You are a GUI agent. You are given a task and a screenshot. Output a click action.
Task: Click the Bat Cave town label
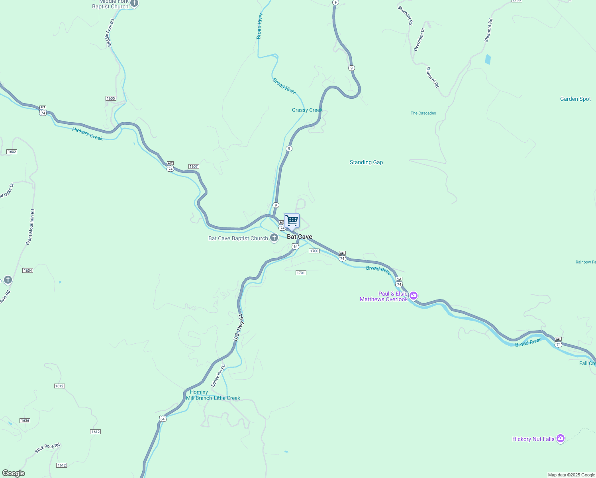[300, 237]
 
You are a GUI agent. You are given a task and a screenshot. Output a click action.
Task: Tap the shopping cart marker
[292, 221]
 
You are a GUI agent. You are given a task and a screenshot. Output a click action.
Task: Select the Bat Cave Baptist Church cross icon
[274, 238]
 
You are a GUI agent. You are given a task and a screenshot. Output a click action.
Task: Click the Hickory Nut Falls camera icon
[561, 439]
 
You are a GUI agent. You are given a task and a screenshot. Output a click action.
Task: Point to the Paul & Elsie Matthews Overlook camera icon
[414, 296]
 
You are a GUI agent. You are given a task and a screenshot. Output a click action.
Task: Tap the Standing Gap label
[366, 162]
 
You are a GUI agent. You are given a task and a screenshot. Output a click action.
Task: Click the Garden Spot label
[575, 99]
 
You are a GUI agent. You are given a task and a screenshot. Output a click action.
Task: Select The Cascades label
[423, 113]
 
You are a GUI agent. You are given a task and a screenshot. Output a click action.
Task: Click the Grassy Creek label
[307, 110]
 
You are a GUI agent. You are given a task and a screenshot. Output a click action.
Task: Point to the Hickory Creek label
[88, 134]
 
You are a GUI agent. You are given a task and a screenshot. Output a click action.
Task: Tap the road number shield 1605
[111, 98]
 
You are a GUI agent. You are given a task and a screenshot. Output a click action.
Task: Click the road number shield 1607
[194, 167]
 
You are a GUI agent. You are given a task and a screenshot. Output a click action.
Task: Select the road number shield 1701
[301, 273]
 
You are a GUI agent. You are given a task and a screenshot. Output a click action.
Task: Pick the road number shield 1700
[314, 251]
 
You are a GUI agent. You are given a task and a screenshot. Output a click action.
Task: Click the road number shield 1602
[12, 152]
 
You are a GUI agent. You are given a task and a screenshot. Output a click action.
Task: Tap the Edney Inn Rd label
[218, 376]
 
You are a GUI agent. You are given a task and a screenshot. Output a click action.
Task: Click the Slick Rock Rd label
[47, 448]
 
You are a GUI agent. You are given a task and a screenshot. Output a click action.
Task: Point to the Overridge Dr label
[419, 39]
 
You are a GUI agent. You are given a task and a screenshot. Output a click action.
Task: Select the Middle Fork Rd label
[110, 33]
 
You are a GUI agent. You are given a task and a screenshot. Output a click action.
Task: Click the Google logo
[14, 473]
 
